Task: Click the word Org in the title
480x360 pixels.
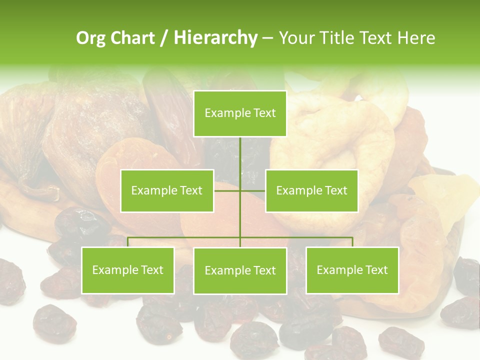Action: tap(90, 38)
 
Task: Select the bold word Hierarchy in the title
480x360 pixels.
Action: tap(215, 38)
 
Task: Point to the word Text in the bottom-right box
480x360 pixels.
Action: tap(376, 270)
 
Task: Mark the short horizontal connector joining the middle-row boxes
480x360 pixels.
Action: tap(252, 190)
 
